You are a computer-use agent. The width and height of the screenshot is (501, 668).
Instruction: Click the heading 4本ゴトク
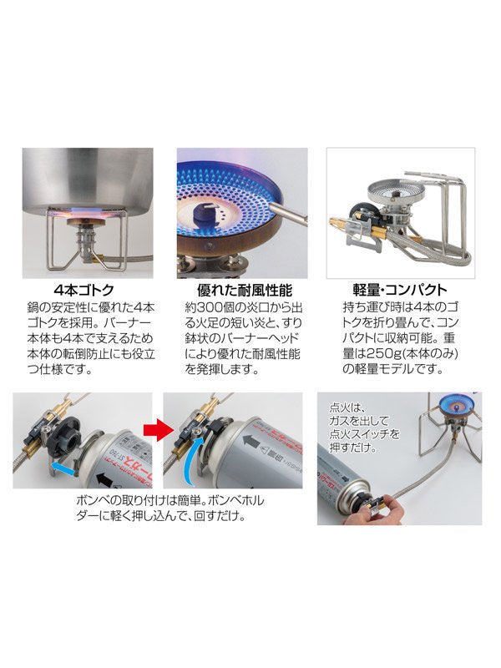tap(84, 290)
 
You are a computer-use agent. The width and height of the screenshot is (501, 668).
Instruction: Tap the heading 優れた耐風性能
tap(244, 290)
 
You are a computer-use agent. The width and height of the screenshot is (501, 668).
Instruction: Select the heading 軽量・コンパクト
tap(400, 290)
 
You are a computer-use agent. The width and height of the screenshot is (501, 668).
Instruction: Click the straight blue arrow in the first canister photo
tap(62, 467)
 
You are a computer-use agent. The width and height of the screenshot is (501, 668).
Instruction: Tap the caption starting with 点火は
tap(365, 428)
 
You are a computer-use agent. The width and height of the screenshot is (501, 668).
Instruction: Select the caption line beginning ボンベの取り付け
tap(170, 500)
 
